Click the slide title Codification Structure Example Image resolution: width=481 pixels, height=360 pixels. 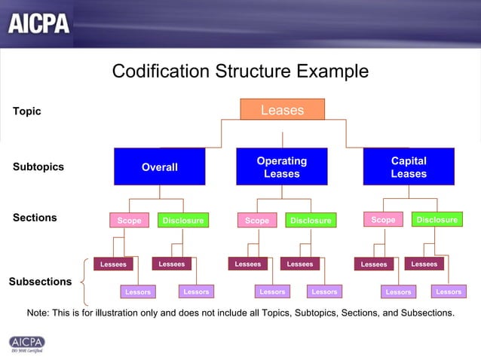[x=240, y=72]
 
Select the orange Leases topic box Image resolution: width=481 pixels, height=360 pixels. [x=282, y=110]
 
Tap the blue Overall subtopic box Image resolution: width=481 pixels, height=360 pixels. [x=159, y=166]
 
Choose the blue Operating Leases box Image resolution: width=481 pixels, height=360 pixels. [x=281, y=166]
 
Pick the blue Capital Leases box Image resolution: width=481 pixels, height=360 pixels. [x=409, y=166]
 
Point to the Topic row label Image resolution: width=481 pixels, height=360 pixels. [x=27, y=111]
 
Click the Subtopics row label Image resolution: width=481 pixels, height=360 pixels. [x=38, y=166]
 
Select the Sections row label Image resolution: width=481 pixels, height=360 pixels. [x=35, y=218]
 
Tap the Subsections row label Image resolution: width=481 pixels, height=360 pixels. [x=40, y=282]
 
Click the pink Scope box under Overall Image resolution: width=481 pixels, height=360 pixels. [x=130, y=221]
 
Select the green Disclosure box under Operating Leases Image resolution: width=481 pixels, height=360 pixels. [x=311, y=221]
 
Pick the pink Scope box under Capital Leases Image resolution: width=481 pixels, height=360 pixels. [x=383, y=220]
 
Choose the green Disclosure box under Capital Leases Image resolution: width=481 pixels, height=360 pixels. [x=437, y=220]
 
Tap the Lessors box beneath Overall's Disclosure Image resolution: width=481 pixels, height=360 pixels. [x=196, y=291]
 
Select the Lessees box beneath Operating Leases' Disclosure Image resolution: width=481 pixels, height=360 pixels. [x=300, y=264]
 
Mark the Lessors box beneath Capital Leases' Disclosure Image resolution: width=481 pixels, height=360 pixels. [x=449, y=291]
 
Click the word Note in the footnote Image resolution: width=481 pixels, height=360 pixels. [x=38, y=312]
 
